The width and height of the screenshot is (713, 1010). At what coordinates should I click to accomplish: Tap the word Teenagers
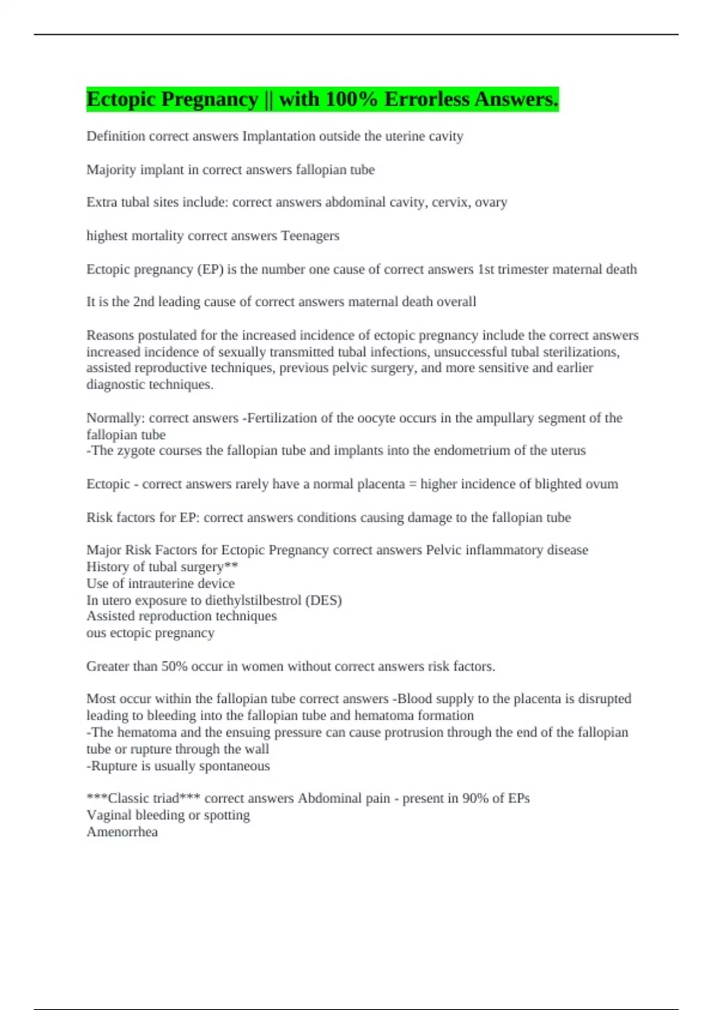pos(310,236)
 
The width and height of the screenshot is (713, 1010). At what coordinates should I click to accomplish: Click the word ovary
pos(491,203)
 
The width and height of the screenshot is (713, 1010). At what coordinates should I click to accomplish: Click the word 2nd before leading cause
pos(144,302)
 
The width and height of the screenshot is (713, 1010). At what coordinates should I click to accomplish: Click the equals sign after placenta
pos(412,484)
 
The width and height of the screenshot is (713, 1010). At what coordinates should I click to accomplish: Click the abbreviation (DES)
pos(323,601)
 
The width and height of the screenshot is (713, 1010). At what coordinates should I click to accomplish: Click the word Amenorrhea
pos(122,832)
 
